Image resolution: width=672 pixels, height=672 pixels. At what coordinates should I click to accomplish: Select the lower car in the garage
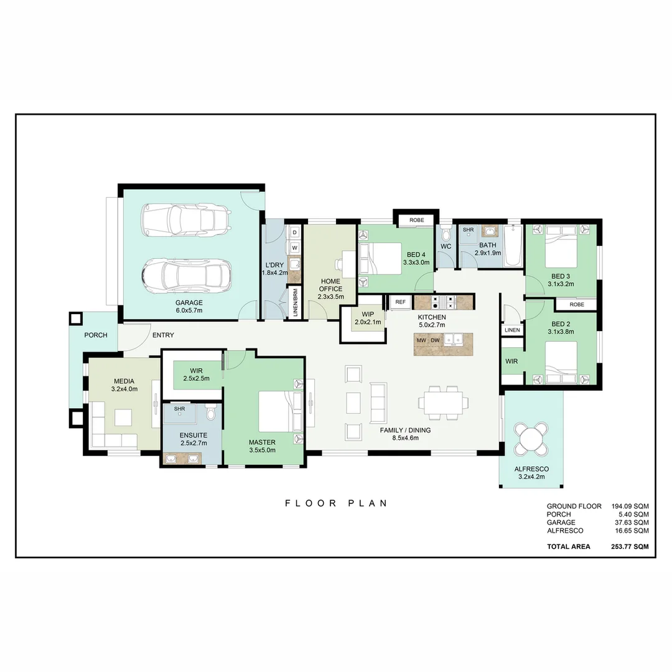[x=186, y=274]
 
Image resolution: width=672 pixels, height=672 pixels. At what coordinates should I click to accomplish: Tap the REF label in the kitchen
[x=400, y=302]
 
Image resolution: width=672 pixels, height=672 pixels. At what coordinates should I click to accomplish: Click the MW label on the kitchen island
[x=421, y=340]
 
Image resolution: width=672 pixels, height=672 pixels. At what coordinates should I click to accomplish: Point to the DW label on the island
[x=435, y=340]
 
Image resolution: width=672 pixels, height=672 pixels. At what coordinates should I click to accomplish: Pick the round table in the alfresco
[x=532, y=439]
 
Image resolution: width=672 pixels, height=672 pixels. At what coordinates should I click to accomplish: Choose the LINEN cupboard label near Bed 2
[x=512, y=330]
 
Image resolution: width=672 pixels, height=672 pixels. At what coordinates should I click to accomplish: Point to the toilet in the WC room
[x=446, y=236]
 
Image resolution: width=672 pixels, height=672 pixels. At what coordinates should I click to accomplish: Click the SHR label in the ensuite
[x=179, y=409]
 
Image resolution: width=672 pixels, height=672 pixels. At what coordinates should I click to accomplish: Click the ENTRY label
[x=163, y=335]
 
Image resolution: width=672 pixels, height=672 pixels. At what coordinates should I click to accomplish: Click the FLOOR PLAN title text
[x=336, y=503]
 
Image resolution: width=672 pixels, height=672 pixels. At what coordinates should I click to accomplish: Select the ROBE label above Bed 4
[x=417, y=220]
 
